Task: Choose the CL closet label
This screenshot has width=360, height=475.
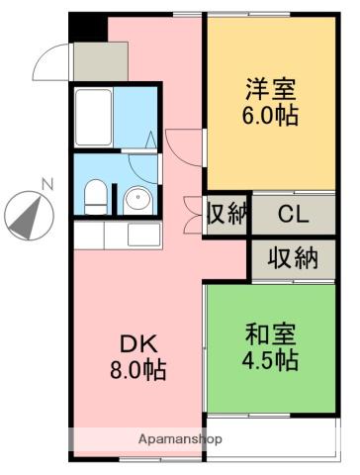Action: [x=291, y=214]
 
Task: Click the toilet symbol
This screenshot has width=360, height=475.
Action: [x=96, y=196]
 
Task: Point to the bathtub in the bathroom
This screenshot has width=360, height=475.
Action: [x=94, y=115]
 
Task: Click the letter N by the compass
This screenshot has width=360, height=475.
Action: [x=46, y=182]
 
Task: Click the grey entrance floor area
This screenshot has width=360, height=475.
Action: [x=92, y=61]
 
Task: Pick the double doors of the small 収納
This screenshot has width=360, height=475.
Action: [x=193, y=215]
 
